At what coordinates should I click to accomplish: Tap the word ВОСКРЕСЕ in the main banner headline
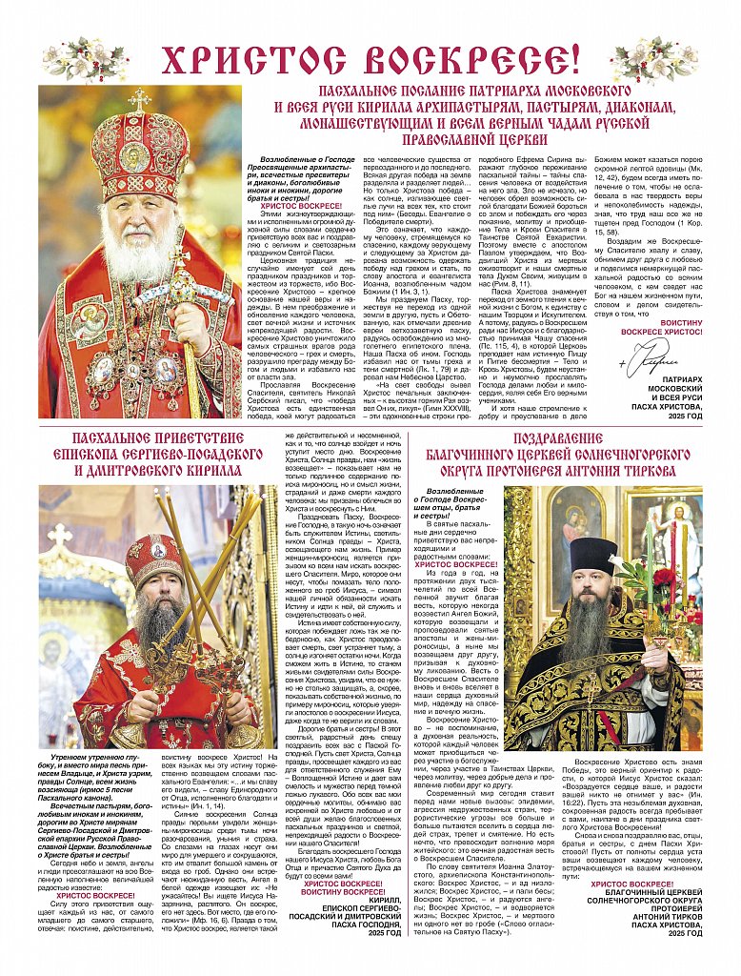pyautogui.click(x=478, y=59)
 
